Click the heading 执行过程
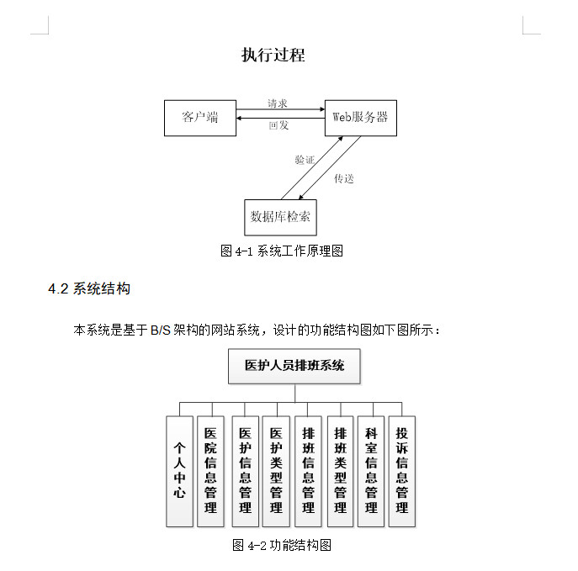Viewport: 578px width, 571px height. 273,56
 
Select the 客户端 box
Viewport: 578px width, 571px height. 200,118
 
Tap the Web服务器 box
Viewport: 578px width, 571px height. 360,118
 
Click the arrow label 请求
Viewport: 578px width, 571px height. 278,103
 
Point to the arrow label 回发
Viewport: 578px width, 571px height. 278,125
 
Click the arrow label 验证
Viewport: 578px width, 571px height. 305,160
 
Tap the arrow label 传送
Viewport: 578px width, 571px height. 344,178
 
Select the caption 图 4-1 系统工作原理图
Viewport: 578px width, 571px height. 281,251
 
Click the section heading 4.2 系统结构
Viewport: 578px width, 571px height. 89,289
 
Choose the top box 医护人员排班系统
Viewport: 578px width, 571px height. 294,367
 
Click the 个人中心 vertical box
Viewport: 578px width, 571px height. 179,471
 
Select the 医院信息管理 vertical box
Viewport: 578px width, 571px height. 210,471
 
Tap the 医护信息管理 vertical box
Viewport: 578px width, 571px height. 245,471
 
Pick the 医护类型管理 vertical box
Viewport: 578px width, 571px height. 276,471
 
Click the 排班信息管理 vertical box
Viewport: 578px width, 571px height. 308,471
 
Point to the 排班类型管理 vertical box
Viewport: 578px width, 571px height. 340,471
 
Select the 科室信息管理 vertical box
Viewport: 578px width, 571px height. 371,471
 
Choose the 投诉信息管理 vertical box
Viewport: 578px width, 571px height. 402,471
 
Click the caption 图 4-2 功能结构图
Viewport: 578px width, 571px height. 282,545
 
